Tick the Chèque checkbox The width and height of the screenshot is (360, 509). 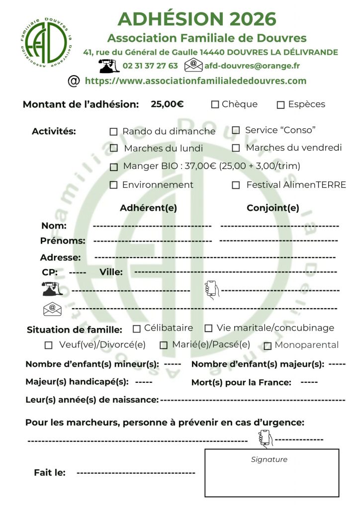215,104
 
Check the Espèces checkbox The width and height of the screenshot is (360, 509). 280,105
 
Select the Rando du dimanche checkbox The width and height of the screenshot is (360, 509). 113,132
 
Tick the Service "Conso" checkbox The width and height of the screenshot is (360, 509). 236,130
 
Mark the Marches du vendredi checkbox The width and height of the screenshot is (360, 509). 236,148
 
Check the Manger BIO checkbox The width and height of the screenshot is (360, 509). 114,167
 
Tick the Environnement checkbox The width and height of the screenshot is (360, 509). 113,185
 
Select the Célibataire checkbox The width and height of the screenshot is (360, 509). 137,329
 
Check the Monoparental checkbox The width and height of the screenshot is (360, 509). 268,345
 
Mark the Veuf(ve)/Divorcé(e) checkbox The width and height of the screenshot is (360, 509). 48,345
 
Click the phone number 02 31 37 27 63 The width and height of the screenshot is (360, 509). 150,66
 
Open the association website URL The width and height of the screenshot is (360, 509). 195,81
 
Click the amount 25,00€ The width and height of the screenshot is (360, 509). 167,104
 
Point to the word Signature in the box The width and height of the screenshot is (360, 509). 269,459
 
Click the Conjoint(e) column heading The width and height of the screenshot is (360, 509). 273,208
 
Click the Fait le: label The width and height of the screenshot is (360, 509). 50,473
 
